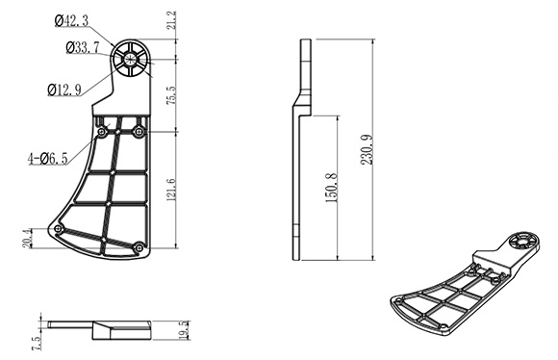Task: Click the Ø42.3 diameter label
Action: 71,20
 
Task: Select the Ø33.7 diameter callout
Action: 83,47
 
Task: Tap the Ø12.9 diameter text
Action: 64,90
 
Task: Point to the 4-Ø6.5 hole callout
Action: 48,159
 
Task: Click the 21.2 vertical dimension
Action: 171,20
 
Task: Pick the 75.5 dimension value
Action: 171,95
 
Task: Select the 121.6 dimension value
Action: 171,190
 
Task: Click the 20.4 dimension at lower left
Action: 27,238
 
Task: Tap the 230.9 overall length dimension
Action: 367,149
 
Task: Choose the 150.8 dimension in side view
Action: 331,188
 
